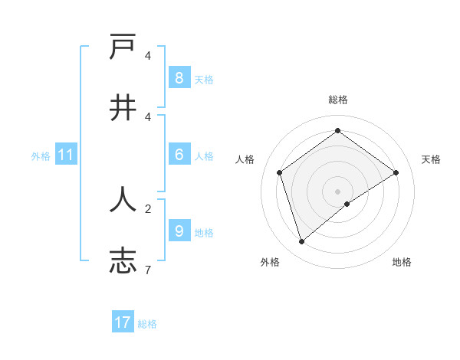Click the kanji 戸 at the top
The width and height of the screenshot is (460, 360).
point(123,48)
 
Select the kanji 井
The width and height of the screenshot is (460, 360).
point(123,108)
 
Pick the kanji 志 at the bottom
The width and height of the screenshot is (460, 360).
point(123,260)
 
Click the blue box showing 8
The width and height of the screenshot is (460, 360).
point(179,77)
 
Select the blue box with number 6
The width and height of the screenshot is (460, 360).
point(179,155)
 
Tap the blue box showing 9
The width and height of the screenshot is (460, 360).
point(179,231)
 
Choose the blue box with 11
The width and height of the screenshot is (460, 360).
point(65,155)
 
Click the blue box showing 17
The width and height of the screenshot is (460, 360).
point(123,322)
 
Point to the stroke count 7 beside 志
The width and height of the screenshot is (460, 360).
point(148,269)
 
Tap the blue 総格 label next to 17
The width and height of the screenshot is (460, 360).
point(147,324)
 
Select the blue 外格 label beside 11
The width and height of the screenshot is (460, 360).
point(41,156)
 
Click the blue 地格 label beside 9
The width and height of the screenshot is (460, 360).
point(204,233)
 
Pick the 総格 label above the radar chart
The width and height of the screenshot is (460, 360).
point(338,100)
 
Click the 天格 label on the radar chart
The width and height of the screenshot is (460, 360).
point(431,159)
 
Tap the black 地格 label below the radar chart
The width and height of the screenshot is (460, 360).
point(402,262)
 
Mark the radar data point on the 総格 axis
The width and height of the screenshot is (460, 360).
point(337,131)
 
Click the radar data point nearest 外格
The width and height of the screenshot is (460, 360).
point(301,242)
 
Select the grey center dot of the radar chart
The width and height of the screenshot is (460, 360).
point(337,191)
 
